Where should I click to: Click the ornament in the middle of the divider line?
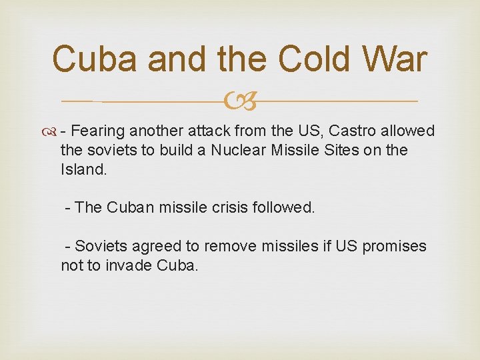239,101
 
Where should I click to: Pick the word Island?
83,169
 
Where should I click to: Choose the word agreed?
155,246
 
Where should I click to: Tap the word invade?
129,265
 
